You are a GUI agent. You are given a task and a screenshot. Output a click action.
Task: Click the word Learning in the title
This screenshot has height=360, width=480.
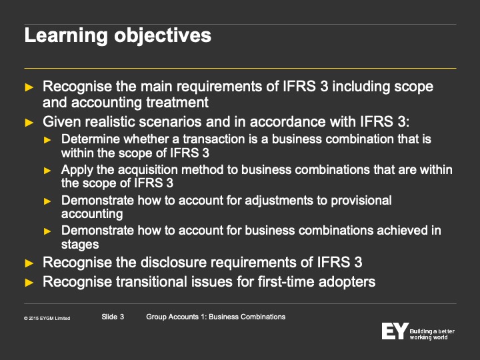[x=66, y=36]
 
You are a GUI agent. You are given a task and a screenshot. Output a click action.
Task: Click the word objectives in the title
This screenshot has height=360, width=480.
[x=163, y=36]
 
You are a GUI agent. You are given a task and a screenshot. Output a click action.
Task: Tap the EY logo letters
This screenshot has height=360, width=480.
[x=395, y=331]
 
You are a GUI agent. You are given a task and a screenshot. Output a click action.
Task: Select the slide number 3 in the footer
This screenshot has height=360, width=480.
[x=122, y=317]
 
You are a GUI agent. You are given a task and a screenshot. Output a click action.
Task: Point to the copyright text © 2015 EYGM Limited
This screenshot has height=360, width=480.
[x=47, y=319]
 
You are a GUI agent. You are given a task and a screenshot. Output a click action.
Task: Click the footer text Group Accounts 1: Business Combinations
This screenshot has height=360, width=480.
[x=216, y=317]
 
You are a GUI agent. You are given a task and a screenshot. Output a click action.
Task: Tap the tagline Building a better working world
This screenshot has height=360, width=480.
[x=432, y=334]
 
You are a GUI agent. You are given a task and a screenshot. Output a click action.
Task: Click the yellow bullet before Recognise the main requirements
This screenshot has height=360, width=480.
[x=29, y=87]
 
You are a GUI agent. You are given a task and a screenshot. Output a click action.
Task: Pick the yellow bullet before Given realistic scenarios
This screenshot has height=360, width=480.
[x=29, y=123]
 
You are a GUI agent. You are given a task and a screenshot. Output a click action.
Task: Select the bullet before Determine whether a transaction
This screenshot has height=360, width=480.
[x=47, y=140]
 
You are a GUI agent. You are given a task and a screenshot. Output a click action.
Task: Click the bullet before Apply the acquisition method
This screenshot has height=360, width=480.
[x=47, y=171]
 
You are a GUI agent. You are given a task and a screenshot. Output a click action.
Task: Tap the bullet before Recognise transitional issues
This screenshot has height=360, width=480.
[x=29, y=282]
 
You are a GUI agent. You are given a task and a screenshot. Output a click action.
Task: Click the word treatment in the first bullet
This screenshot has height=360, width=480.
[x=177, y=102]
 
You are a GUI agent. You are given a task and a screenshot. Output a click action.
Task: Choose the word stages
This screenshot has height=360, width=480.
[x=80, y=245]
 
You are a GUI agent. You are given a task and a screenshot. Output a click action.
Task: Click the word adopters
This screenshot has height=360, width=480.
[x=347, y=282]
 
